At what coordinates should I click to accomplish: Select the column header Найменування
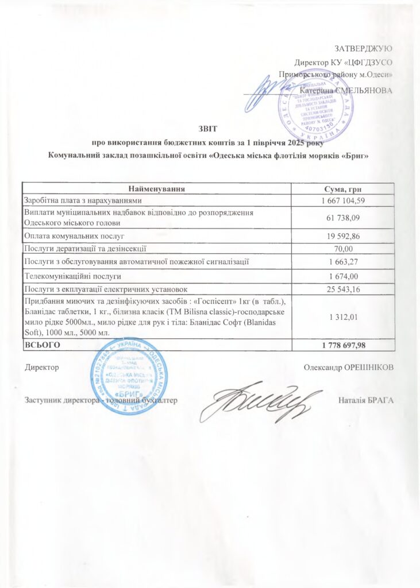point(156,189)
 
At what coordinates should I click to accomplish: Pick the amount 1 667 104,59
point(342,200)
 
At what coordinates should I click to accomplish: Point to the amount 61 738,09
point(342,217)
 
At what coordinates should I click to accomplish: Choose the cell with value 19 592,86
point(342,235)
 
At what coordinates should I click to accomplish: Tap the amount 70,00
point(343,248)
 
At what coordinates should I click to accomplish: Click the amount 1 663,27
point(342,262)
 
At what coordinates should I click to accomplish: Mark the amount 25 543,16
point(342,288)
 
